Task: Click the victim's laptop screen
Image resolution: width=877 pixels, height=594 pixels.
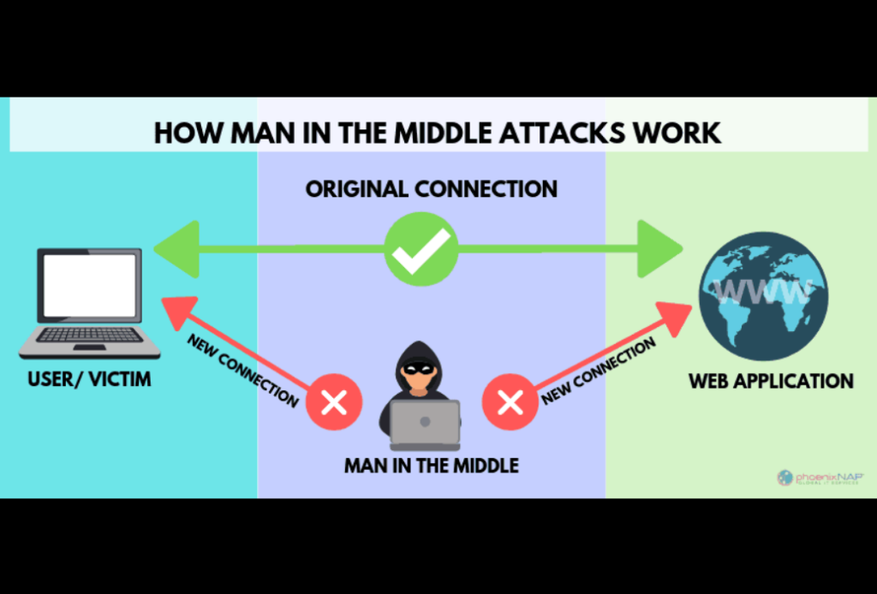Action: click(x=90, y=286)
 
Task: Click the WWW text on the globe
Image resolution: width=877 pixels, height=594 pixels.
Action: click(x=761, y=291)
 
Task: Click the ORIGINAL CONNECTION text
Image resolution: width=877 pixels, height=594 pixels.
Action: click(x=432, y=189)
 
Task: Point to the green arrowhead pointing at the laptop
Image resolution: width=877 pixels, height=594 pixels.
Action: click(x=176, y=248)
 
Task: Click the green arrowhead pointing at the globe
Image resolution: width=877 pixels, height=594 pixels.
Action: click(x=662, y=248)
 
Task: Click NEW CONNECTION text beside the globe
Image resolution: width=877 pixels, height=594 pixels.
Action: click(x=600, y=370)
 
